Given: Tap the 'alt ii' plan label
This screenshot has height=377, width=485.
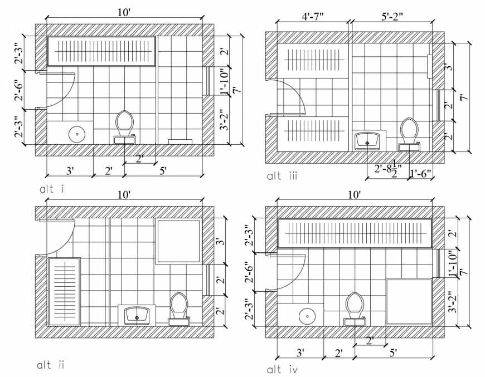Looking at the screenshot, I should (51, 365).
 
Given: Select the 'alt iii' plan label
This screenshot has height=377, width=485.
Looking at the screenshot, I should (282, 177).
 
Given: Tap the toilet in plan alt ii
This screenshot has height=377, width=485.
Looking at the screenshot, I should (179, 308).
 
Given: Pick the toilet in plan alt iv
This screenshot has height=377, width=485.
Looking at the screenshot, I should (355, 308).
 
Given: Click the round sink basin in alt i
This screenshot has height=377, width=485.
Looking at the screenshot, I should (76, 134).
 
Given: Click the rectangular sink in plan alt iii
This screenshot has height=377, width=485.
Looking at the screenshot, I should (368, 140).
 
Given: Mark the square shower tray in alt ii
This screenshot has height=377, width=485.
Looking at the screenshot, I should (178, 241).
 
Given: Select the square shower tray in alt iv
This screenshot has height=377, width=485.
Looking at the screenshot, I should (409, 301).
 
